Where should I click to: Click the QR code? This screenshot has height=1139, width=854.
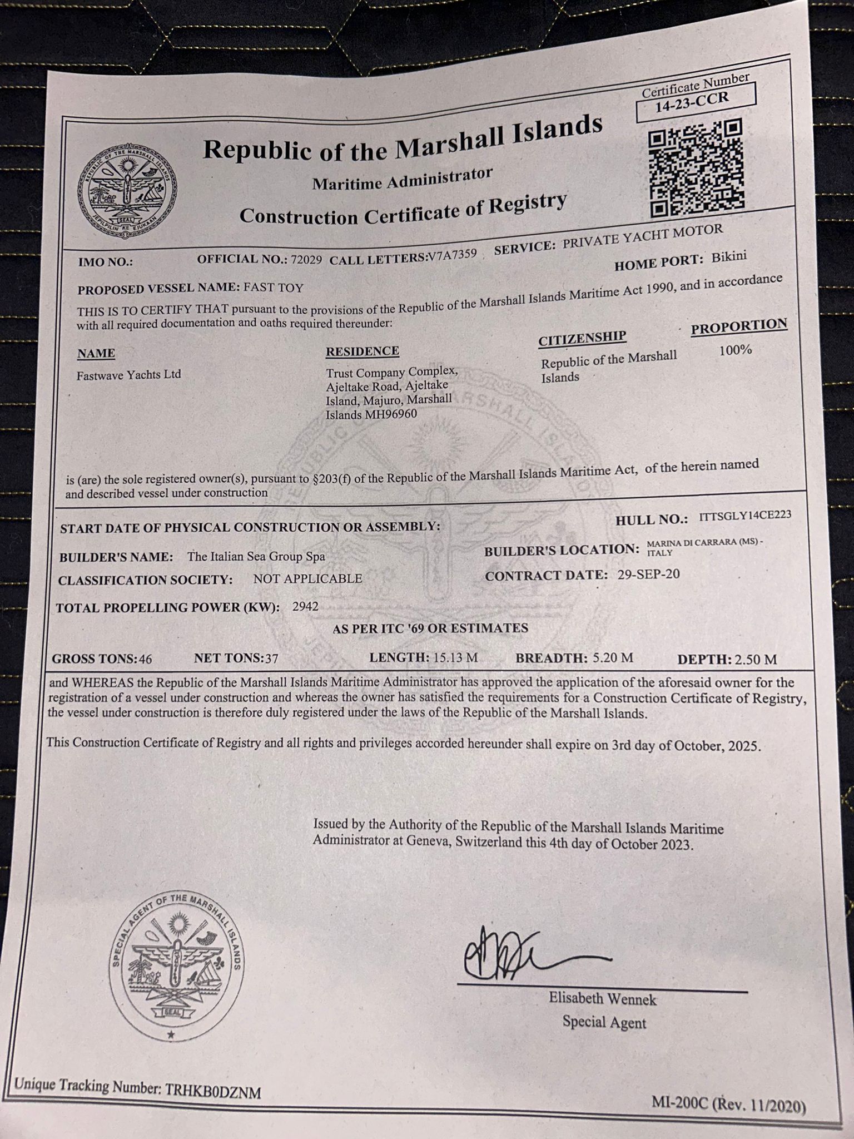[x=696, y=168]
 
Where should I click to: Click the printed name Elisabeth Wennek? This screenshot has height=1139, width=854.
[x=603, y=999]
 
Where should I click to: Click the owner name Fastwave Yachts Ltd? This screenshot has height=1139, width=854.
[x=128, y=375]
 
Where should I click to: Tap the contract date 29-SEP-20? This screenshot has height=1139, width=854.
[x=648, y=575]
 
